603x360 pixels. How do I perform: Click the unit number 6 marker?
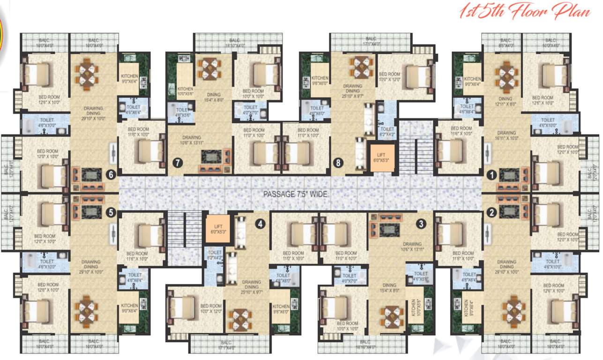(111, 174)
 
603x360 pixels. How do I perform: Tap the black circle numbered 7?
(177, 163)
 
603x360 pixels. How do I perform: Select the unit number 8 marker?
(339, 163)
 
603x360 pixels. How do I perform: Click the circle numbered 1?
(491, 174)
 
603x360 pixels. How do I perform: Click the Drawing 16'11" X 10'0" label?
(506, 135)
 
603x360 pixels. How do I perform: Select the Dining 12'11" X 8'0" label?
(506, 102)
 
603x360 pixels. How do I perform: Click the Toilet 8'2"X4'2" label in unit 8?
(387, 132)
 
